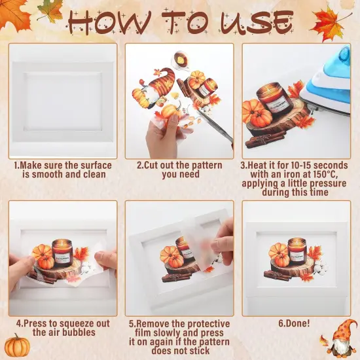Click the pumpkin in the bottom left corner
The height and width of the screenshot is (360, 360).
pyautogui.click(x=16, y=345)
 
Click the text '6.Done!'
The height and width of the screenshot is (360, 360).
pyautogui.click(x=296, y=324)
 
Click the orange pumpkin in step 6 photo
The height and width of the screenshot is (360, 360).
pyautogui.click(x=279, y=255)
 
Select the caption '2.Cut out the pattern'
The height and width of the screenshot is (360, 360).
pyautogui.click(x=179, y=166)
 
